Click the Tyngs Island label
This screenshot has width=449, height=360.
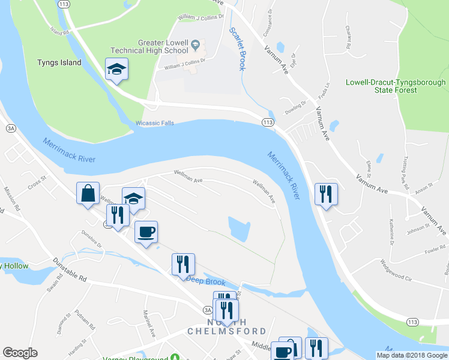point(59,62)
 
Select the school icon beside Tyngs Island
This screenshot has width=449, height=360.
point(117,70)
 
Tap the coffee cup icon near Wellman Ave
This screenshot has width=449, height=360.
point(145,232)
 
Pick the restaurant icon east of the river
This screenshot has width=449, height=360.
point(326,194)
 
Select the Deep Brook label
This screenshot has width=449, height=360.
point(206,281)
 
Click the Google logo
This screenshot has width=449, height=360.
point(20,353)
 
